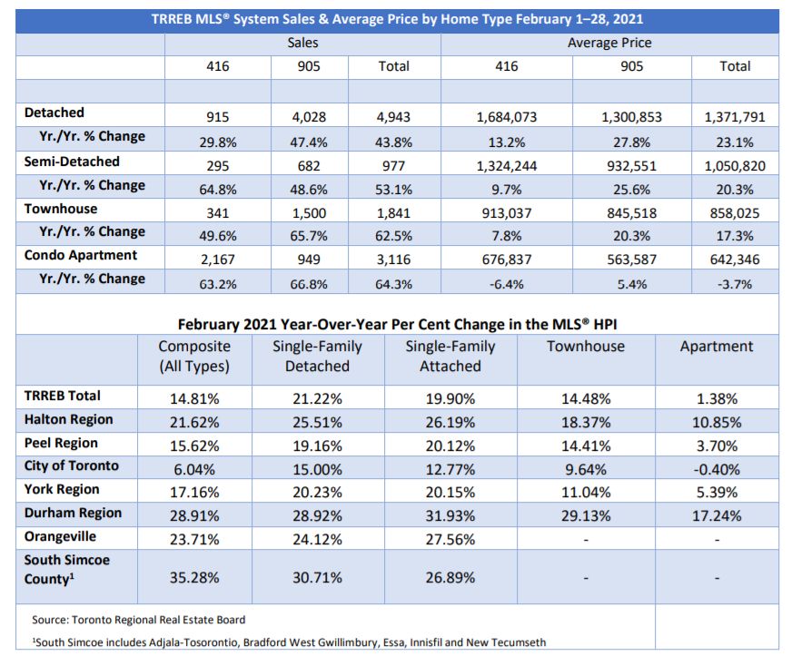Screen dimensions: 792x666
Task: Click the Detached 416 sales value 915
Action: coord(218,117)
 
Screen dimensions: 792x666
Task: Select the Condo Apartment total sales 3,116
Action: coord(393,260)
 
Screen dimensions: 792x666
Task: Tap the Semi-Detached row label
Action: coord(72,162)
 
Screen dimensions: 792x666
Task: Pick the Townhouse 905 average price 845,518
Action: coord(631,213)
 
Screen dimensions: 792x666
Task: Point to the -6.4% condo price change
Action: coord(506,284)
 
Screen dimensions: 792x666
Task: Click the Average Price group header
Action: coord(609,43)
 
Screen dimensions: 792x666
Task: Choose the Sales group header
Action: coord(302,43)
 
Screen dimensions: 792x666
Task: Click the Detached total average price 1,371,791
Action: coord(735,117)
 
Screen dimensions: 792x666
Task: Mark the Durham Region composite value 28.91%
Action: coord(194,516)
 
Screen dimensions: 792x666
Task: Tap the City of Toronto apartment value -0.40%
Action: coord(717,470)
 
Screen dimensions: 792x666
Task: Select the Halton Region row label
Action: coord(69,419)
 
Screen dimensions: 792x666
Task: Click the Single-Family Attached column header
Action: coord(450,356)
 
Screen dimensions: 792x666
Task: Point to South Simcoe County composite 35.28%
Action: coord(194,577)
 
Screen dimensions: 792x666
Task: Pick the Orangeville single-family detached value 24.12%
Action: coord(317,539)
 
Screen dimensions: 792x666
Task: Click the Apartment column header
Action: coord(717,346)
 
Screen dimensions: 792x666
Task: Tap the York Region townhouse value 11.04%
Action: coord(586,492)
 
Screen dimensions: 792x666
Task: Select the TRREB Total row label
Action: coord(62,396)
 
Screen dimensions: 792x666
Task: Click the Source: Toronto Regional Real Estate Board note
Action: coord(138,620)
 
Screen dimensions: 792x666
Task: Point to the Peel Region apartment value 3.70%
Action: coord(717,446)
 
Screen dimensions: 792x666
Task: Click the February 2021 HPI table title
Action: coord(397,324)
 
